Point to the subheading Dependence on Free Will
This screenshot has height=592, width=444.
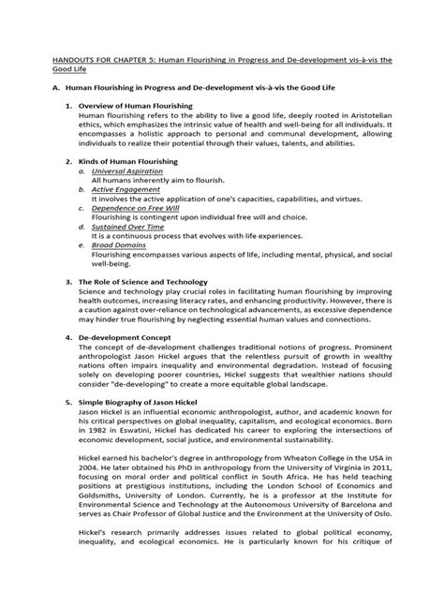click(x=136, y=225)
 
